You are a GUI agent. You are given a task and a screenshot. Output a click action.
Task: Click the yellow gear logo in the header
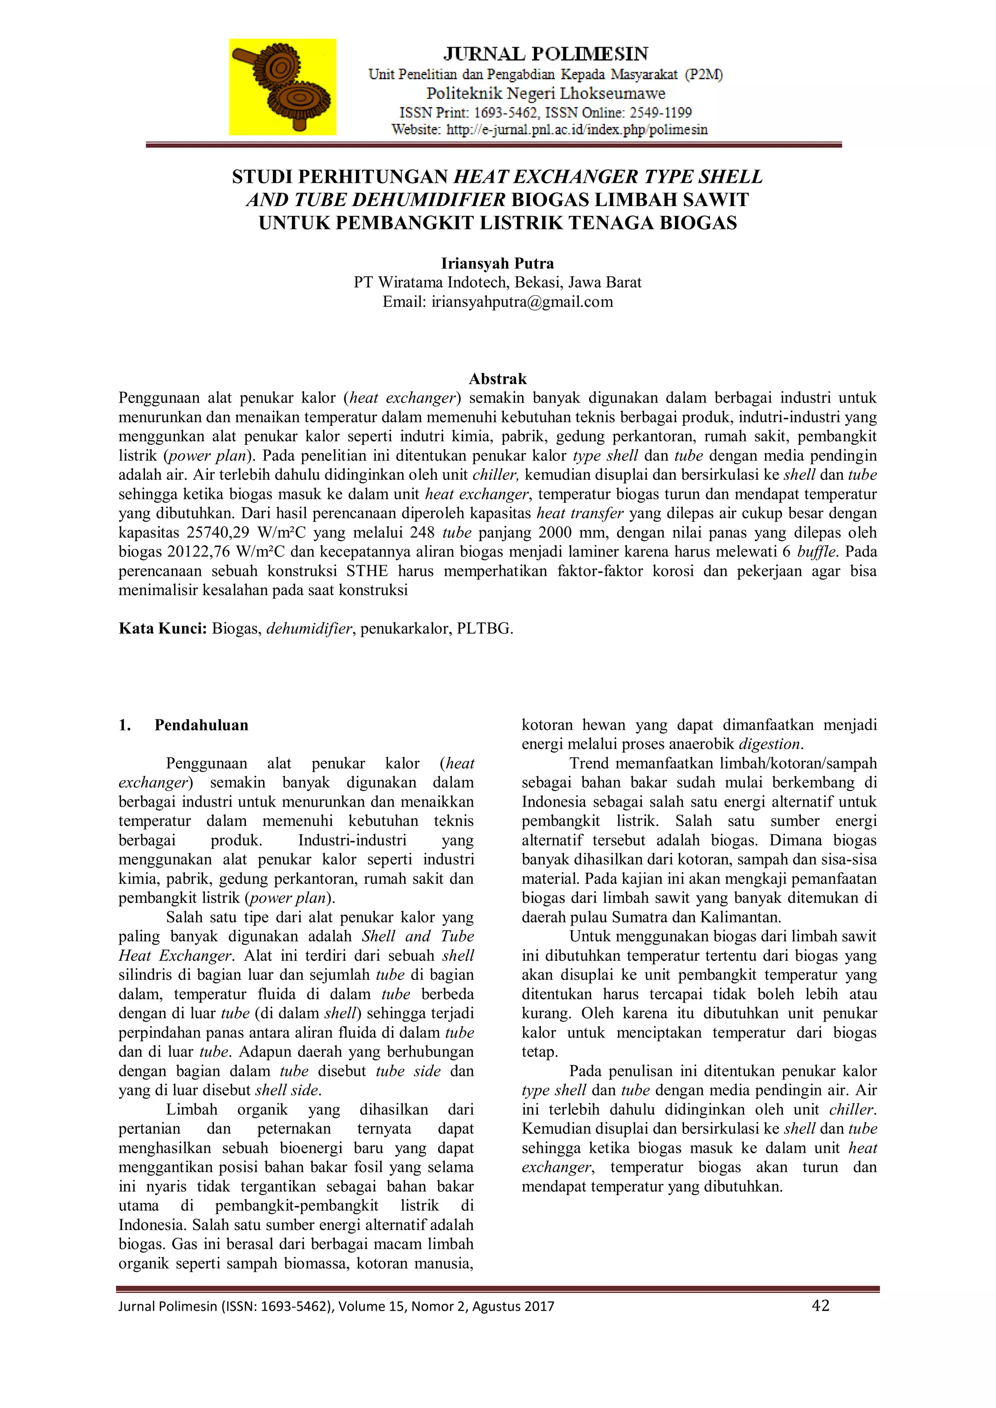pyautogui.click(x=283, y=87)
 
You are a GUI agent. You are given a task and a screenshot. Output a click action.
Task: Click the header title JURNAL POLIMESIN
pyautogui.click(x=545, y=54)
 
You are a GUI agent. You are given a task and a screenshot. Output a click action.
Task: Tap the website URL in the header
pyautogui.click(x=576, y=130)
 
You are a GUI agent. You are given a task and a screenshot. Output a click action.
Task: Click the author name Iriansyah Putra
pyautogui.click(x=498, y=263)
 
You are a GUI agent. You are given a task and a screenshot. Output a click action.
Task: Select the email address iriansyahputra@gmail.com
pyautogui.click(x=522, y=302)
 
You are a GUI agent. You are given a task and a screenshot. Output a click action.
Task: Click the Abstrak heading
pyautogui.click(x=498, y=378)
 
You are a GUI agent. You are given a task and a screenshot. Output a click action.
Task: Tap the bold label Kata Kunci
pyautogui.click(x=162, y=629)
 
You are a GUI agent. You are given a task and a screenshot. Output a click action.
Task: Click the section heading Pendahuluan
pyautogui.click(x=201, y=725)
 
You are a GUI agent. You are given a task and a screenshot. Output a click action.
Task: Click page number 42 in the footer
pyautogui.click(x=820, y=1305)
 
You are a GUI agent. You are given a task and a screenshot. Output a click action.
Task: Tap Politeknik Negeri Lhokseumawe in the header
pyautogui.click(x=545, y=94)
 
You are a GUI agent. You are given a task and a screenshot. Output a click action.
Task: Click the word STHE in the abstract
pyautogui.click(x=367, y=571)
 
